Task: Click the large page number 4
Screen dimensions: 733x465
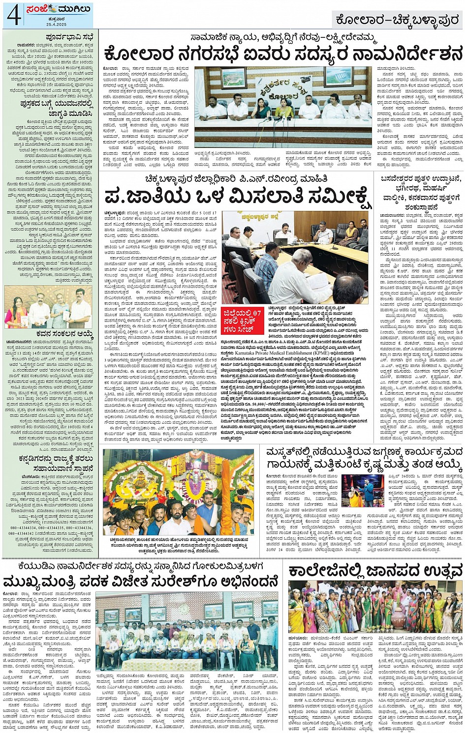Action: point(13,16)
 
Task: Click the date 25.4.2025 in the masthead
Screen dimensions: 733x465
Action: point(51,25)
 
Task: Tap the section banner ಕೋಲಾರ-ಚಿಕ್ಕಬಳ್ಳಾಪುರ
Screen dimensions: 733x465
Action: point(397,20)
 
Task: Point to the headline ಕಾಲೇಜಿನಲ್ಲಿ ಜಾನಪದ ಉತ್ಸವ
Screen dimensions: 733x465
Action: point(375,571)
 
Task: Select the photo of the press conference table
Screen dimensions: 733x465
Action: point(283,107)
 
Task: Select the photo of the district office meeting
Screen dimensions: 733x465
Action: point(295,257)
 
